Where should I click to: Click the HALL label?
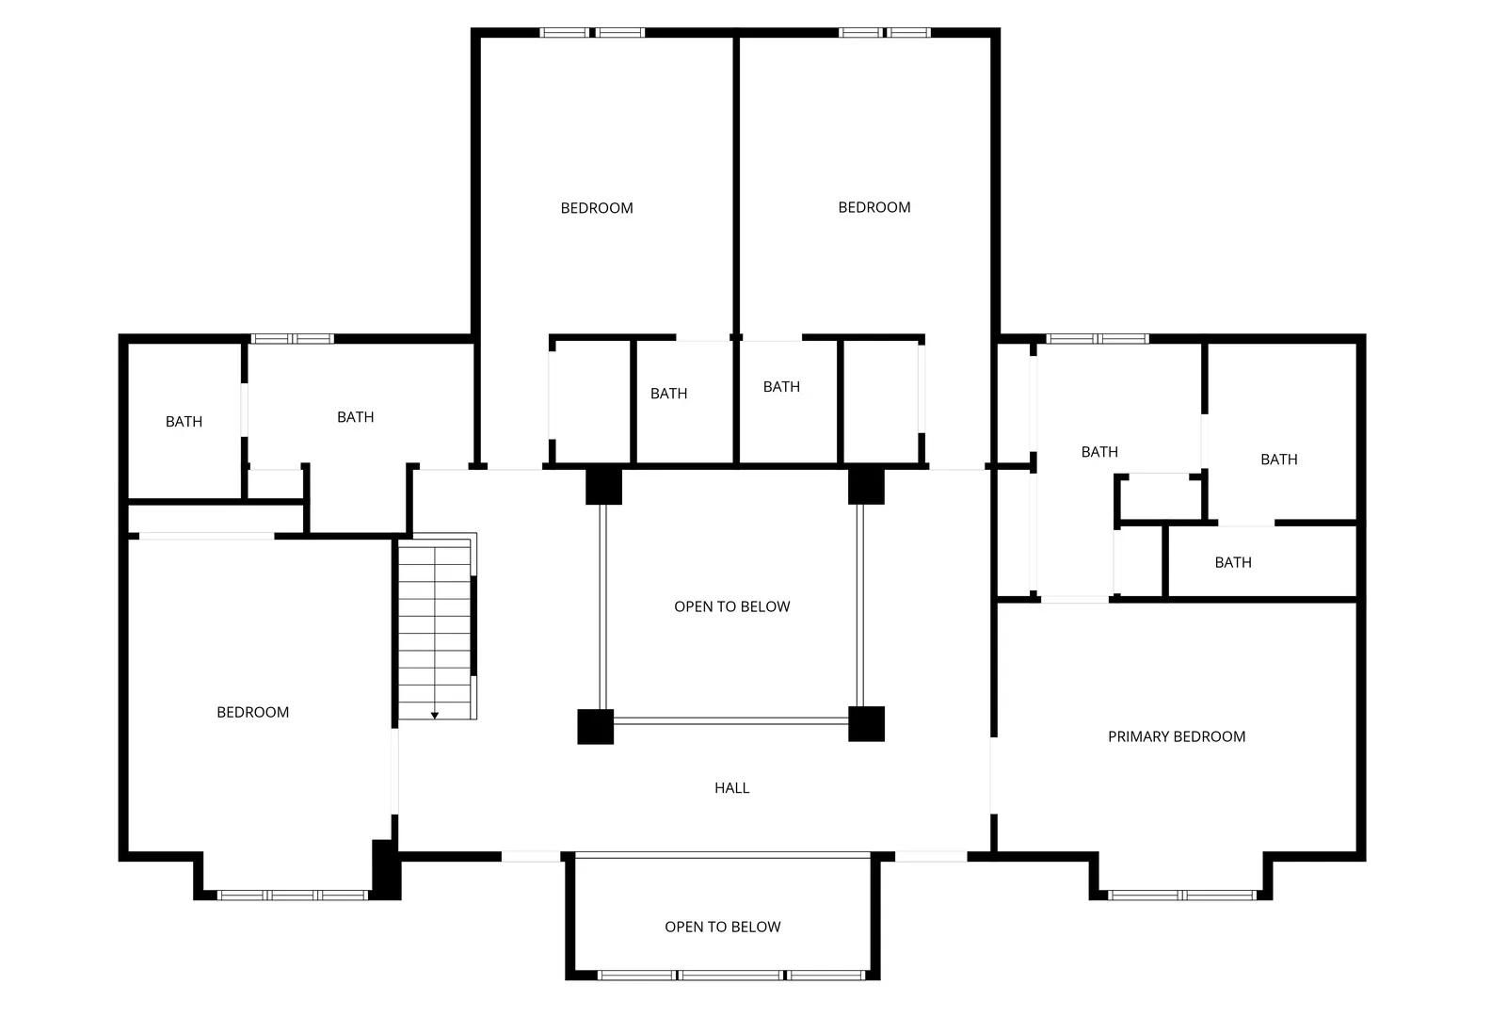tap(731, 788)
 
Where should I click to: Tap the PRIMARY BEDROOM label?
tap(1177, 736)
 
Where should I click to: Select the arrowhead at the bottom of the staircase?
tap(435, 716)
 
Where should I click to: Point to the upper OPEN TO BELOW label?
tap(731, 606)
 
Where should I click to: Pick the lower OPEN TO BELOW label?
tap(722, 928)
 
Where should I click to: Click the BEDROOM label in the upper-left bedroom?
tap(597, 208)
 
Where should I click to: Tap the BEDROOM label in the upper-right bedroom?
tap(874, 208)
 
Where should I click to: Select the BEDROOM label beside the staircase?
tap(253, 713)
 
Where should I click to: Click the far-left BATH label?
tap(184, 422)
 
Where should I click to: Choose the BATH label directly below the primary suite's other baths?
tap(1233, 563)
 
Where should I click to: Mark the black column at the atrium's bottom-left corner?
tap(595, 727)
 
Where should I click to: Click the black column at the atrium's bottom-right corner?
tap(866, 724)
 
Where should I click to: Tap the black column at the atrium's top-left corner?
tap(603, 486)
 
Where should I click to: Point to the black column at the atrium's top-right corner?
tap(866, 486)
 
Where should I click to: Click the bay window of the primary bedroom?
tap(1181, 896)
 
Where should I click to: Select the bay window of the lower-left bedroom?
tap(293, 896)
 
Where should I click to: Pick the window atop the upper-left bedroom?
tap(592, 33)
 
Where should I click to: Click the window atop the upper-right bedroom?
tap(884, 33)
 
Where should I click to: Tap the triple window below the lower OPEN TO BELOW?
tap(730, 976)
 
